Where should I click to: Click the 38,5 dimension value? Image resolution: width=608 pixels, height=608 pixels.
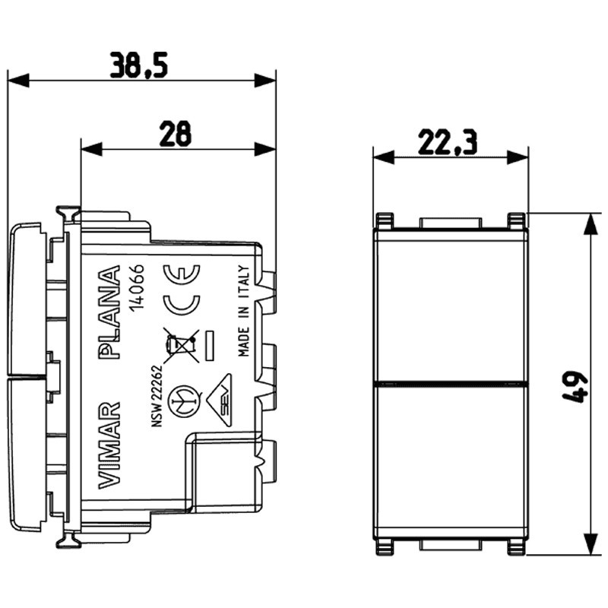138,65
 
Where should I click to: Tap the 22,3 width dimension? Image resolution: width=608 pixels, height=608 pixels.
448,141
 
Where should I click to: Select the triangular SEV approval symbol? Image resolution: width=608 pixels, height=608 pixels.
225,395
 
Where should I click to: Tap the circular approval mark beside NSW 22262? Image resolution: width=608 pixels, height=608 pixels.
181,396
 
